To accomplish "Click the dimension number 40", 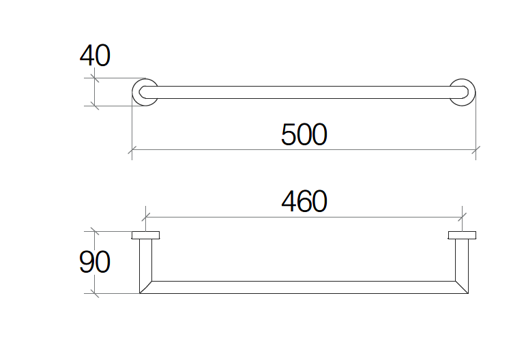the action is coord(95,55).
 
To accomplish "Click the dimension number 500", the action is coord(304,134).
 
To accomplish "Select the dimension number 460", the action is coord(304,201).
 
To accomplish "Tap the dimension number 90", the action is coord(95,262).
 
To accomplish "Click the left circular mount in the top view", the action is coord(134,93).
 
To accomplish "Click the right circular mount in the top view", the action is coord(473,93).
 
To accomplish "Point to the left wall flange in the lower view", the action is coord(145,235).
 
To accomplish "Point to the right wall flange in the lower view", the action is coord(462,235).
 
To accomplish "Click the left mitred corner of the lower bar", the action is coord(145,287).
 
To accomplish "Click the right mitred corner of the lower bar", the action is coord(462,287).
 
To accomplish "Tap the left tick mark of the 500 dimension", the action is coord(132,150).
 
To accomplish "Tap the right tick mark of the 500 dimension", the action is coord(476,150).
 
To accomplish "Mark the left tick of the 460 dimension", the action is coord(145,217).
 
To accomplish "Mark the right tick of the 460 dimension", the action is coord(463,217).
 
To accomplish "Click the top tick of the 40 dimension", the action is coord(95,78).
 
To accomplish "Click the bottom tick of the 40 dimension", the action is coord(95,106).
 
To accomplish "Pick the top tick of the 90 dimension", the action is coord(95,231).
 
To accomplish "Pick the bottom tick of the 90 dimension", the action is coord(95,294).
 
